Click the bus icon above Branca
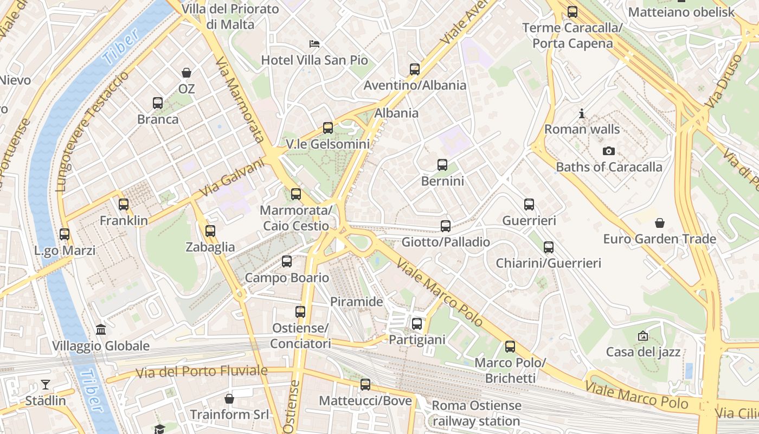point(158,103)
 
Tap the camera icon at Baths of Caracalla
point(609,151)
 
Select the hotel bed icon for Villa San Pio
point(314,43)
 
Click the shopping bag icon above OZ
point(186,73)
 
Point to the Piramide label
point(357,302)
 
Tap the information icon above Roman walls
point(582,113)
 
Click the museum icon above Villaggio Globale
point(101,329)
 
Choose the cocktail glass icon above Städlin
point(46,385)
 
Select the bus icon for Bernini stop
point(442,165)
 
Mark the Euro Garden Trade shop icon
point(660,223)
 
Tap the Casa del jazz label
point(643,352)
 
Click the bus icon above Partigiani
point(417,324)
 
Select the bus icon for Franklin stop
point(124,205)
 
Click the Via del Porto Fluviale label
point(202,372)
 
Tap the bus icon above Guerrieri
point(529,205)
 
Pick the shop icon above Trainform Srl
point(229,399)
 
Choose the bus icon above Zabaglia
point(210,231)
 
